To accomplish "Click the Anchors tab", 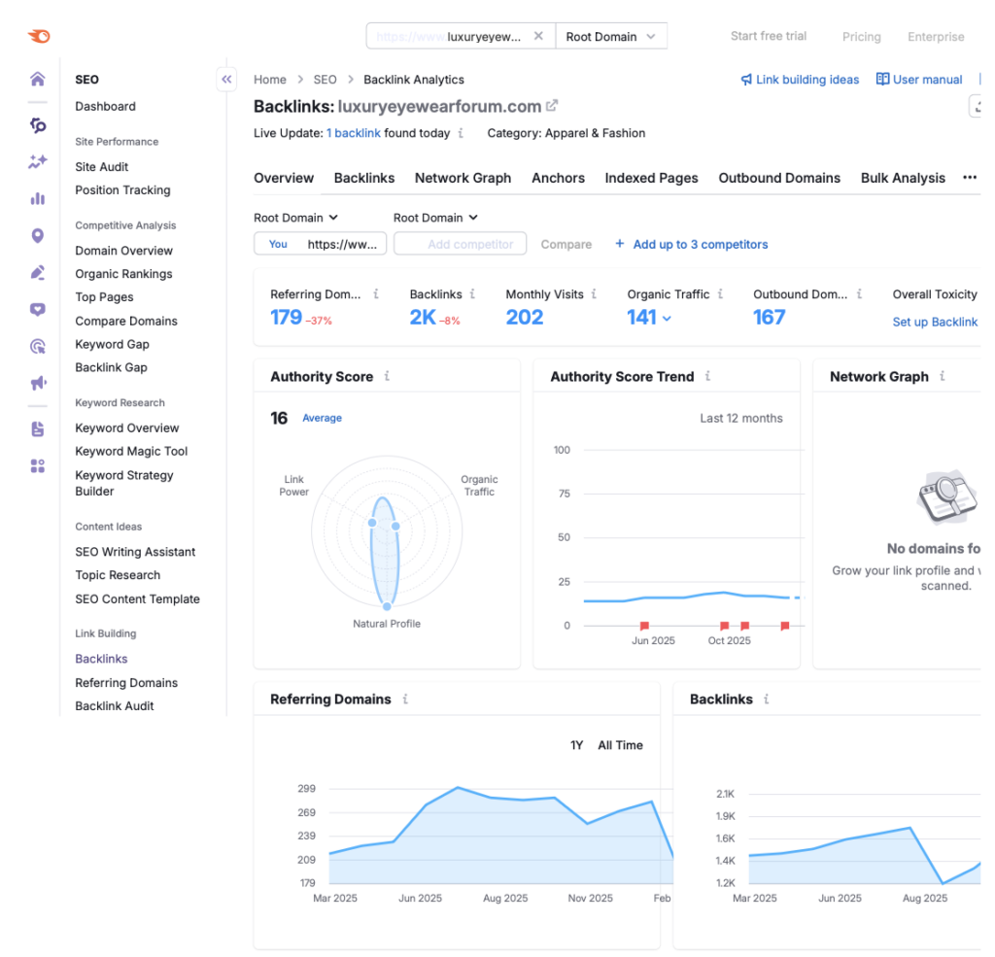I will click(x=558, y=178).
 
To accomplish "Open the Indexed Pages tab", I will click(x=651, y=178).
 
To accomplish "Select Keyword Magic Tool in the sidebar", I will click(x=131, y=451).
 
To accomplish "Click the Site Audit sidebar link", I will click(x=102, y=167).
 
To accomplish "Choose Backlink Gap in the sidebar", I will click(x=111, y=367).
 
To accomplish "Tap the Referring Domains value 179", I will click(x=286, y=317).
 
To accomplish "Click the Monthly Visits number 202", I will click(x=524, y=317).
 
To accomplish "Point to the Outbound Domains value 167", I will click(x=769, y=317).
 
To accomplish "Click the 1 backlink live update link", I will click(x=353, y=133).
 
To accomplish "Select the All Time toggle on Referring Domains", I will click(x=620, y=745).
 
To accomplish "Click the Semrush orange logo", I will click(x=39, y=37).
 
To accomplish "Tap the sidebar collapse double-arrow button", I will click(x=226, y=80).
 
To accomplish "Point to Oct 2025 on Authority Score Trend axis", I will click(x=729, y=640).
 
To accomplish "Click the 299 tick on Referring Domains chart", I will click(x=306, y=789).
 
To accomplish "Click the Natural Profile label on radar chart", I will click(x=387, y=624).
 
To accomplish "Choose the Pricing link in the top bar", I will click(x=861, y=37).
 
